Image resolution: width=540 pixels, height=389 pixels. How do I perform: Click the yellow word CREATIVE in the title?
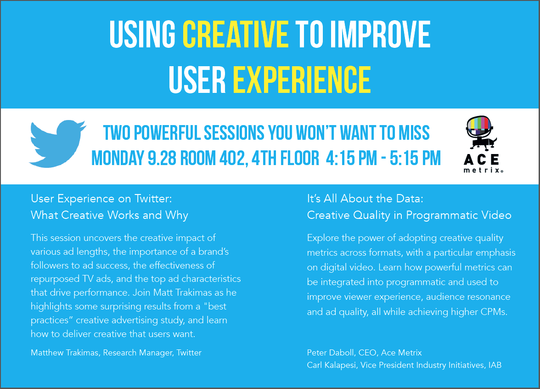[236, 34]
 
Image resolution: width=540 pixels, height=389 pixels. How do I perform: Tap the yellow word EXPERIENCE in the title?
[302, 80]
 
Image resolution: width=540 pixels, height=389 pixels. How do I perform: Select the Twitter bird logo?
[57, 144]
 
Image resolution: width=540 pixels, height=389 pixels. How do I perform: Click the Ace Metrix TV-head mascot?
[481, 133]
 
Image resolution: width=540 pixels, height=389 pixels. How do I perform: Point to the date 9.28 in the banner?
[162, 158]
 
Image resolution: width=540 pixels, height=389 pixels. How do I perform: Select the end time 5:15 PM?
[415, 158]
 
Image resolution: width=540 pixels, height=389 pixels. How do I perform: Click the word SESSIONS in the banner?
[234, 133]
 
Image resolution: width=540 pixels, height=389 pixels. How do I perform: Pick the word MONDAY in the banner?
[118, 158]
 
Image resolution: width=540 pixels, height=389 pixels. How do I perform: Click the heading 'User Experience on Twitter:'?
[101, 199]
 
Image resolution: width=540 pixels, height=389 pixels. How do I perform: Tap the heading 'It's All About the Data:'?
[365, 199]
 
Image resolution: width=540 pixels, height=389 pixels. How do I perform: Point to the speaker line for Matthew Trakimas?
[116, 353]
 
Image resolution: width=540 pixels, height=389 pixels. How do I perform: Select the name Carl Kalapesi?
[332, 365]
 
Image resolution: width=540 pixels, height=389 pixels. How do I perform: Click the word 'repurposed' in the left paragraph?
[55, 279]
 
